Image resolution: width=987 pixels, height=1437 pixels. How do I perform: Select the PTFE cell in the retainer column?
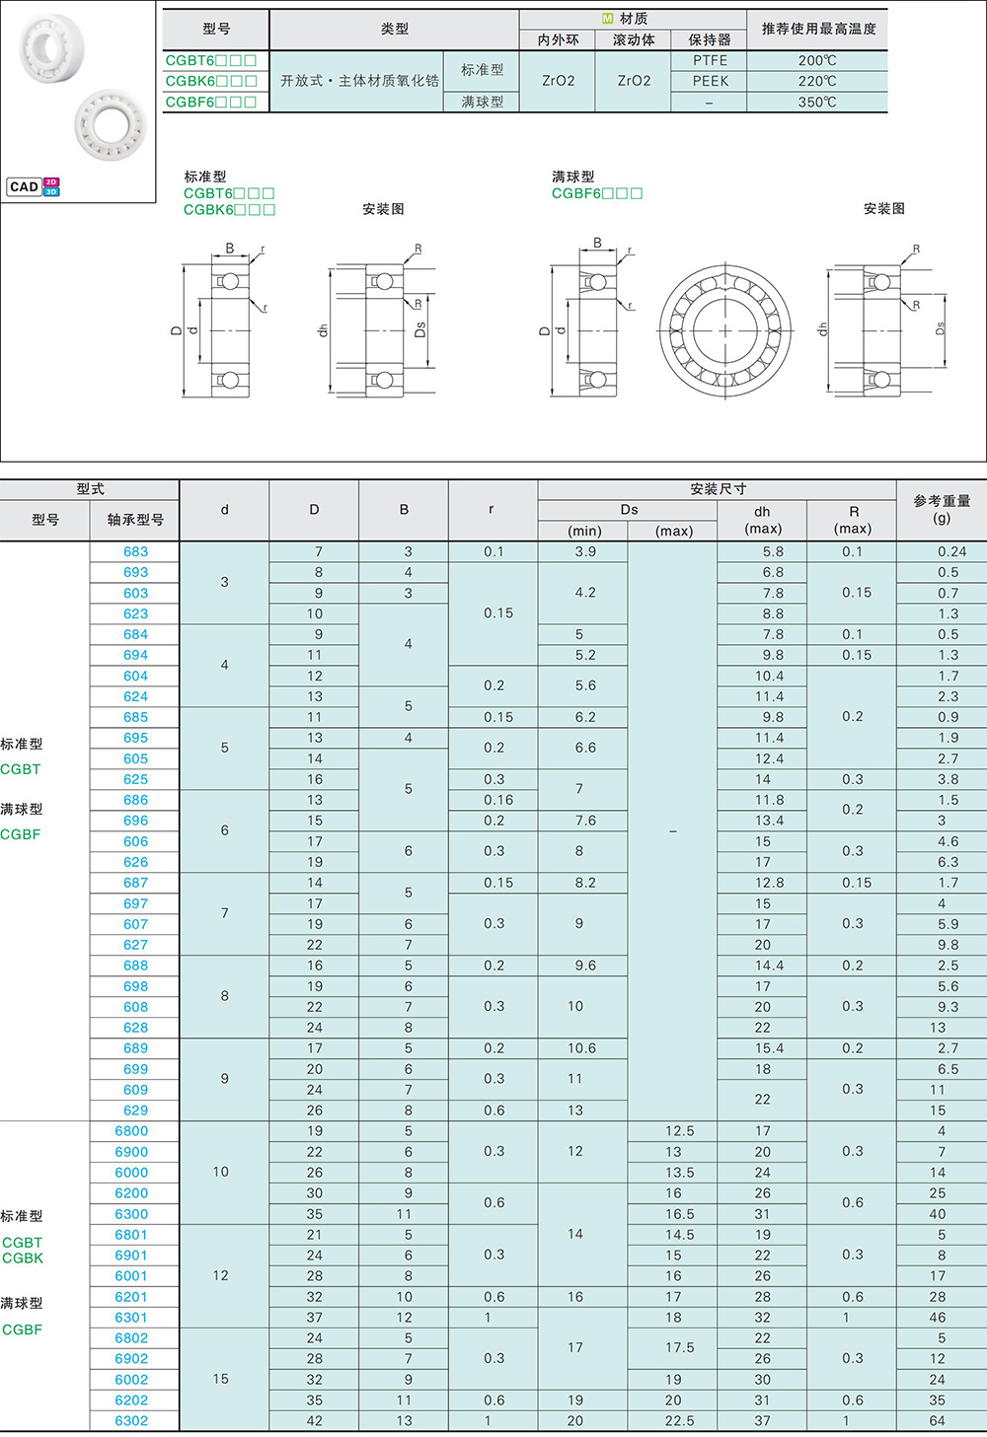pyautogui.click(x=710, y=60)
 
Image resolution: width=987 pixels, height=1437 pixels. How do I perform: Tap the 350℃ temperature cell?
pyautogui.click(x=817, y=102)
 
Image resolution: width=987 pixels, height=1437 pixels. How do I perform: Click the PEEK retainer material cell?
pyautogui.click(x=710, y=81)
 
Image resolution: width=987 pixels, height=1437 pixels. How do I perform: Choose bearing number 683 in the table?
pyautogui.click(x=135, y=551)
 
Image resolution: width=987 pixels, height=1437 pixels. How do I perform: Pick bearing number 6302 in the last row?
pyautogui.click(x=131, y=1420)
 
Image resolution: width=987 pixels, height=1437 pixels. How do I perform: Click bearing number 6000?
pyautogui.click(x=131, y=1172)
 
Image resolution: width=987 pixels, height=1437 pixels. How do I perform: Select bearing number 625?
pyautogui.click(x=135, y=779)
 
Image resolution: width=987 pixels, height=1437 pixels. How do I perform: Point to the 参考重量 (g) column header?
pyautogui.click(x=942, y=509)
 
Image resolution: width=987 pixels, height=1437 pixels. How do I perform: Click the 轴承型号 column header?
pyautogui.click(x=135, y=520)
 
